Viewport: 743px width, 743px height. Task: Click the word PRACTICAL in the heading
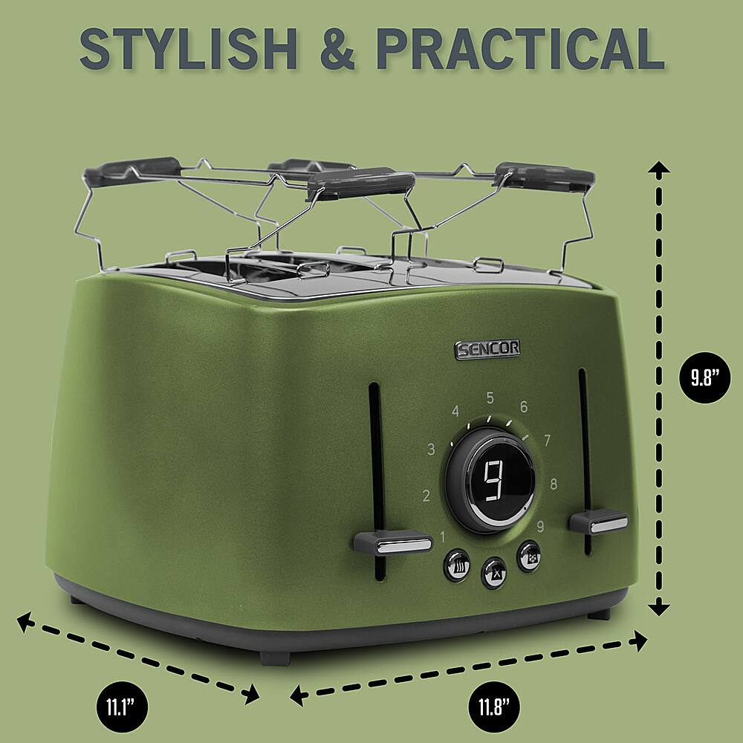[520, 50]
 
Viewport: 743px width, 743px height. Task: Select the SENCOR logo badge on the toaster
[487, 349]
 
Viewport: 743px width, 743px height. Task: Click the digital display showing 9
[492, 481]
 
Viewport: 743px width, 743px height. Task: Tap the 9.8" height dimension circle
[701, 377]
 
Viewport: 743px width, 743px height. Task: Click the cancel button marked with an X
[494, 572]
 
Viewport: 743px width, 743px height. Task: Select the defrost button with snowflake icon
[530, 556]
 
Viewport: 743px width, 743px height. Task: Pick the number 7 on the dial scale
[547, 441]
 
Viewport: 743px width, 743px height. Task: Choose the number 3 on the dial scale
[432, 450]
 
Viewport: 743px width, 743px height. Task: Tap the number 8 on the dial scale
[554, 485]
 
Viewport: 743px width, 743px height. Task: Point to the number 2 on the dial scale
[426, 496]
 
